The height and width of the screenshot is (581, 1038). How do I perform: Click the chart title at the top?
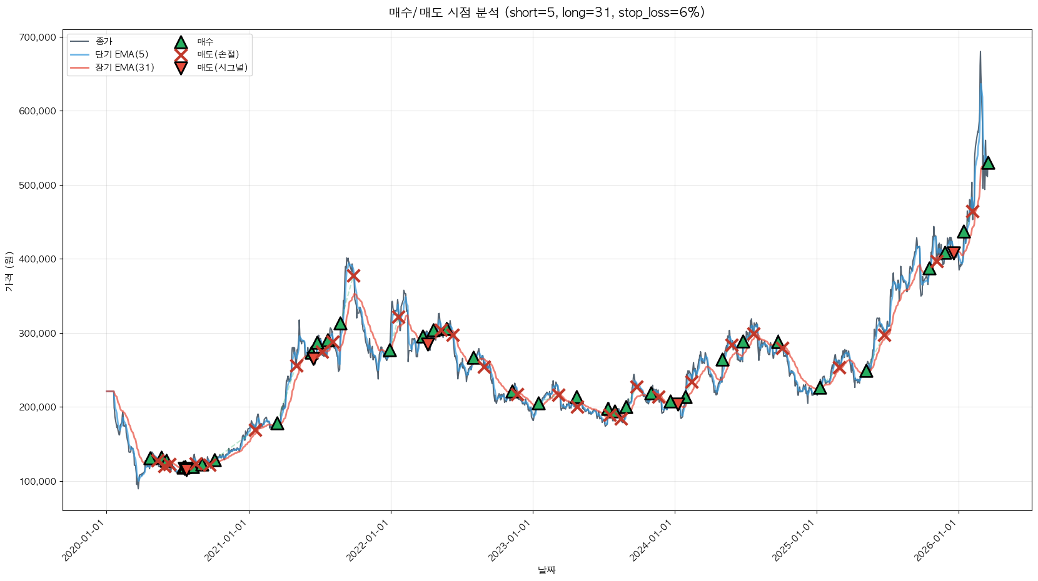547,12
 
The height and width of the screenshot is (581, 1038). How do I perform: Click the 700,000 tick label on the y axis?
38,37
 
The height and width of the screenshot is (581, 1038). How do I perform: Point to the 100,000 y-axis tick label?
38,482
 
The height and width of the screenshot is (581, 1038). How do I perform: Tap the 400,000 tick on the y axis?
38,259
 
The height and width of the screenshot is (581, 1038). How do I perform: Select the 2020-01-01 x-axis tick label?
84,541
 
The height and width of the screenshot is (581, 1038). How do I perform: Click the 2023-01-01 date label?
511,541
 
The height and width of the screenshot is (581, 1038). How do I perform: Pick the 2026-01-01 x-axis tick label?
937,541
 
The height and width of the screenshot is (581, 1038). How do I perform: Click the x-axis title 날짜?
547,570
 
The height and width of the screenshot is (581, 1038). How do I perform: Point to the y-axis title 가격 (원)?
9,271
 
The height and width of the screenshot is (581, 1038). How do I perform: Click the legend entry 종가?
104,42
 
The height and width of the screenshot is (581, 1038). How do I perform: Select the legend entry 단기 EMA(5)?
121,54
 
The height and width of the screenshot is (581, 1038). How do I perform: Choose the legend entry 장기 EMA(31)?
124,67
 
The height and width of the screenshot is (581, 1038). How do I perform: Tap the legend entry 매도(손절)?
218,54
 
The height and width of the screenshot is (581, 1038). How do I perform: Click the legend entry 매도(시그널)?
222,67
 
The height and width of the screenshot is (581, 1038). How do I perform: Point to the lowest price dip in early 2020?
138,488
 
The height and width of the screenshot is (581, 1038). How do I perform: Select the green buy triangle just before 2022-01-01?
390,350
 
